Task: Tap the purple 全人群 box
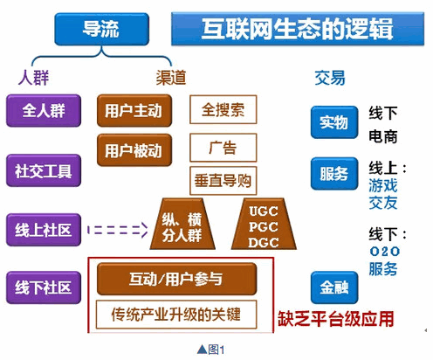tap(44, 111)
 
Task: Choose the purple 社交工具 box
tap(44, 170)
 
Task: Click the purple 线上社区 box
tap(44, 230)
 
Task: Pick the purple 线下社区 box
tap(44, 286)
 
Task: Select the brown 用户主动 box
tap(132, 111)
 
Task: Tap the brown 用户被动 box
tap(132, 149)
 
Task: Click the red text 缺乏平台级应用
tap(330, 317)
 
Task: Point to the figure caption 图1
tap(211, 350)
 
